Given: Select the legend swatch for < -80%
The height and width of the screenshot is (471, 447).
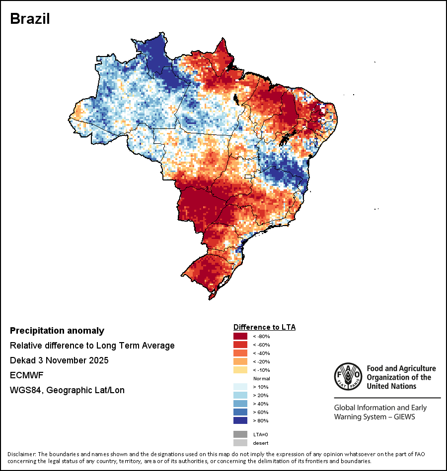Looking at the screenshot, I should point(240,336).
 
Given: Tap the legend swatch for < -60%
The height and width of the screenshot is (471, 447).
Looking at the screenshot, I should point(240,345).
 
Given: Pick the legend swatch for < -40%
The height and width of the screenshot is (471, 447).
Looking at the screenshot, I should point(240,353).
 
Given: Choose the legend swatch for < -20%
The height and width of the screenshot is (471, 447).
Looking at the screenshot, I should point(240,361).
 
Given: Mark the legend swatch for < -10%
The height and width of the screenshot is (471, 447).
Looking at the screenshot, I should point(240,370).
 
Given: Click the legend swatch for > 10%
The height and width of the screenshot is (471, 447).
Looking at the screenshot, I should point(240,387).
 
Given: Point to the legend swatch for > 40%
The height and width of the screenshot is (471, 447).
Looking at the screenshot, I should point(240,404).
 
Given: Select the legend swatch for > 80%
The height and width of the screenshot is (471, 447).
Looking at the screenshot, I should point(240,420).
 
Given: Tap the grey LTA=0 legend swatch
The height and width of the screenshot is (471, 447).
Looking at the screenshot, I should point(240,434).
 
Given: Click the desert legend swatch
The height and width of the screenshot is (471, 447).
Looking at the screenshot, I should point(240,443).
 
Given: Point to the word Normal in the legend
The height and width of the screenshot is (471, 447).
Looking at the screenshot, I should point(261,378).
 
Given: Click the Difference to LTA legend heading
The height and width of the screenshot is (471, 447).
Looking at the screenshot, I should point(264,327).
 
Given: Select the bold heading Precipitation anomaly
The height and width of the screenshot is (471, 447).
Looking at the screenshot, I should point(57,331).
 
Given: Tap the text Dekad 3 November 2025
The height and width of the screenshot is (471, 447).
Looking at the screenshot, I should point(59,360).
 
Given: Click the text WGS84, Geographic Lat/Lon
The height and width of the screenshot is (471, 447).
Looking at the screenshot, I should point(67,390).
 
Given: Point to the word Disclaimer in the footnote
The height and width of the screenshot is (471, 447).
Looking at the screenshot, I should point(21,454).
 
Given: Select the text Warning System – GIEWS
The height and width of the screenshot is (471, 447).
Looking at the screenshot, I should point(374,417).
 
